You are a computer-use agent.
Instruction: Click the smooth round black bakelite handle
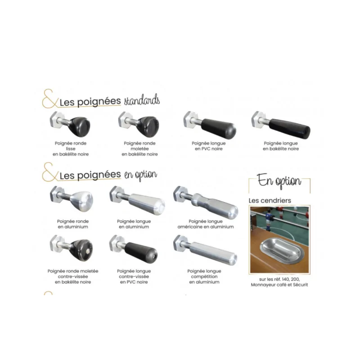click(70, 125)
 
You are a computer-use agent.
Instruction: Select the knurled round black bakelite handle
click(139, 125)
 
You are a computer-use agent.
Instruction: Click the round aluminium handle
click(72, 199)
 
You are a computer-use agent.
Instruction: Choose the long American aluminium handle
click(206, 202)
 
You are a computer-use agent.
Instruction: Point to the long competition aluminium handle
click(205, 250)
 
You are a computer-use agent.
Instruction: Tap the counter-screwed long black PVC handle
click(134, 249)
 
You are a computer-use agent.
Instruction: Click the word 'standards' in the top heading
click(142, 100)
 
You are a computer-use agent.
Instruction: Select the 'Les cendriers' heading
click(270, 200)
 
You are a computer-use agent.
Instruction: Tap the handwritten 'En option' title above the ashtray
click(279, 181)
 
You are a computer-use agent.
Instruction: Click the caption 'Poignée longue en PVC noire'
click(209, 146)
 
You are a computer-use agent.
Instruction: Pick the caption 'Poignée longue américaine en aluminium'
click(206, 224)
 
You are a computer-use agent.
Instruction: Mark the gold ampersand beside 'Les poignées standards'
click(50, 99)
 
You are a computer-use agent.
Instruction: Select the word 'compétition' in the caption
click(204, 277)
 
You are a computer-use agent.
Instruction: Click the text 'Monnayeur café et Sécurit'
click(279, 285)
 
